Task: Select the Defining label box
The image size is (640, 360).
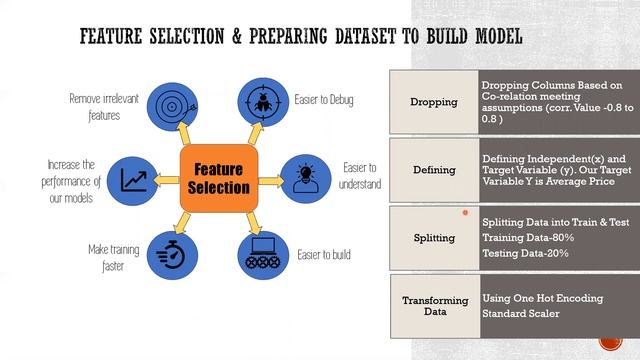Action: click(x=434, y=170)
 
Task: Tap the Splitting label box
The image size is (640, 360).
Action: click(x=433, y=238)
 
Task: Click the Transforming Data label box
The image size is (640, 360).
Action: click(x=434, y=306)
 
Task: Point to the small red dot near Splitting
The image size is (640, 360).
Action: click(x=465, y=213)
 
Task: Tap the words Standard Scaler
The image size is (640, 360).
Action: click(x=520, y=315)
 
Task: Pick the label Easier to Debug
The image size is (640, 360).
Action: click(x=323, y=101)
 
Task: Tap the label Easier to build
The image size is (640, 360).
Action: click(x=322, y=255)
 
